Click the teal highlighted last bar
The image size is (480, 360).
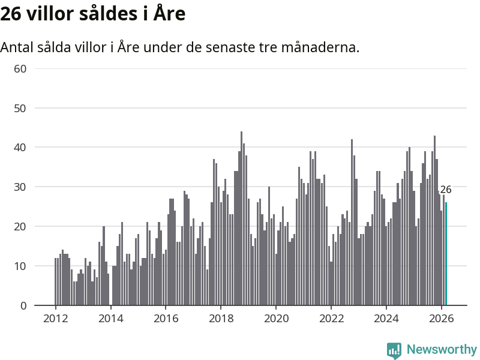(446, 254)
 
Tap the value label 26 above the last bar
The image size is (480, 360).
(446, 190)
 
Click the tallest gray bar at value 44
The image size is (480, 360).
(241, 218)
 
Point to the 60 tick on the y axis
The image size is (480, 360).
(20, 68)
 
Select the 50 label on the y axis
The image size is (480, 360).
(20, 108)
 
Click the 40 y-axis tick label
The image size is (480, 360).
(20, 148)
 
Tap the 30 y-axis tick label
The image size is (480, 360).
(20, 187)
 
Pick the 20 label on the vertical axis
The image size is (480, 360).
(20, 226)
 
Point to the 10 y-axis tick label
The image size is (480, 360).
(20, 266)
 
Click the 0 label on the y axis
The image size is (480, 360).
(24, 305)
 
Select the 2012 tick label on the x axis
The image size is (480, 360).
(55, 318)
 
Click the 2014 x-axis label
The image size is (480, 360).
(110, 318)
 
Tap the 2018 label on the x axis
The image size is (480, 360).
(221, 318)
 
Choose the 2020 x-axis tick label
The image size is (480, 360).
(276, 318)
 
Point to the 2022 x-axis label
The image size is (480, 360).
(331, 318)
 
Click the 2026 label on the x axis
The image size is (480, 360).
(442, 318)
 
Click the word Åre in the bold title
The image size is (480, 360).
(169, 13)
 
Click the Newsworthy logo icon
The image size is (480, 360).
(394, 350)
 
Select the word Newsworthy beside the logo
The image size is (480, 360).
(442, 349)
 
